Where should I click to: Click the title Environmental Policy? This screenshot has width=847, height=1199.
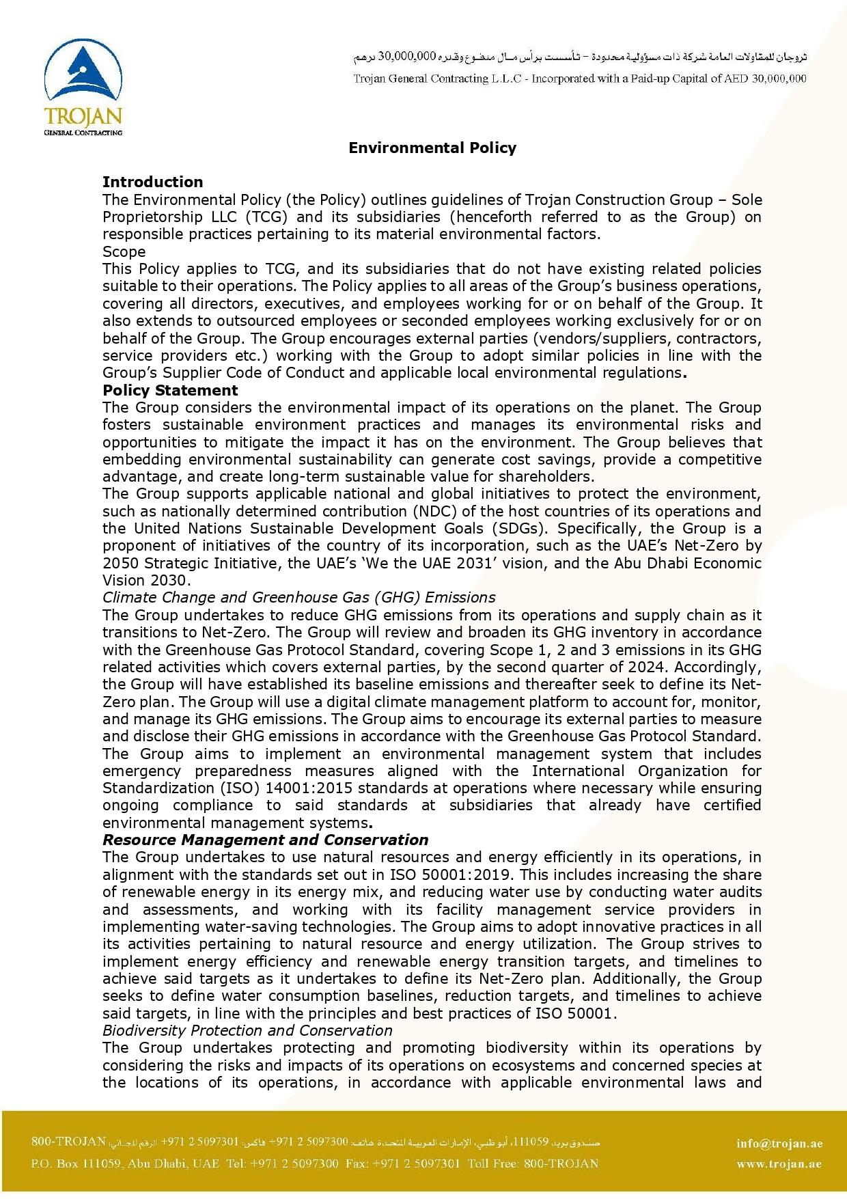coord(432,148)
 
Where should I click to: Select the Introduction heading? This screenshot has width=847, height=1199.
coord(152,182)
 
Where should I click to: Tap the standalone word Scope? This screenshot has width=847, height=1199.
coord(124,251)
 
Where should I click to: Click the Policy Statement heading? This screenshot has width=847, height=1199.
coord(170,390)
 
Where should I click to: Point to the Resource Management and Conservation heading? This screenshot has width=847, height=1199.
coord(265,840)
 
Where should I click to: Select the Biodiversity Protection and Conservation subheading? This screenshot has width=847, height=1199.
coord(247,1030)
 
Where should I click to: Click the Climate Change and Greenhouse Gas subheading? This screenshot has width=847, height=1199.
coord(298,598)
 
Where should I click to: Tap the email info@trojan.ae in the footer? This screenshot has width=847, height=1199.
coord(779,1144)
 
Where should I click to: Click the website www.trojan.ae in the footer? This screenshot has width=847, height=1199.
coord(779,1164)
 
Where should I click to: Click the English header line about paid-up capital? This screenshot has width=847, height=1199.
coord(579,79)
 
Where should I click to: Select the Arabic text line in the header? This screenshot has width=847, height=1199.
coord(579,55)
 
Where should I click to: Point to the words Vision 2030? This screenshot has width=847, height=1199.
coord(144,580)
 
